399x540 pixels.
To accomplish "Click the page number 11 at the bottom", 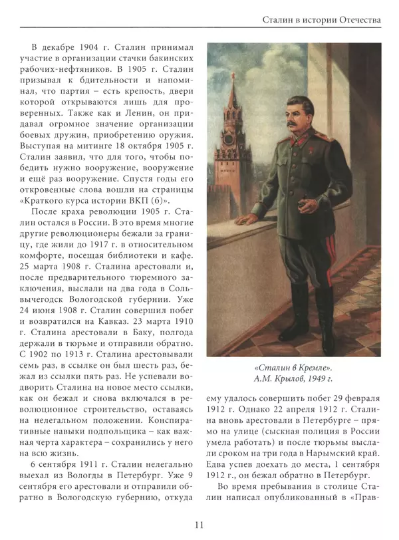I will pos(199,525).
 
